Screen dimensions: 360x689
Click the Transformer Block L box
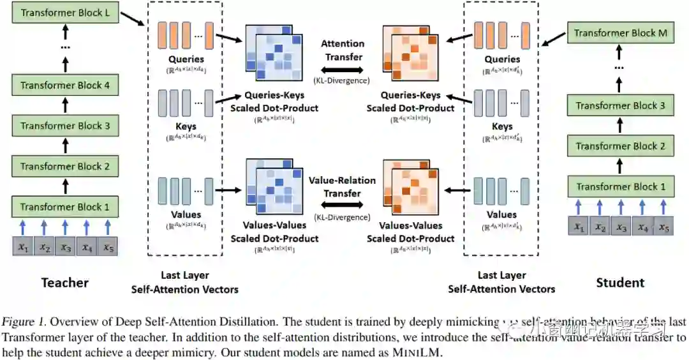[65, 13]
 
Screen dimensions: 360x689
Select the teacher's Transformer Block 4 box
[65, 86]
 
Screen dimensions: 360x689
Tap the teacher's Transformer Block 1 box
[65, 207]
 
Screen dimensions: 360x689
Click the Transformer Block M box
[621, 33]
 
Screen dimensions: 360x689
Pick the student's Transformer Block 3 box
[621, 106]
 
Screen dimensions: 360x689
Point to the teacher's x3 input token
[65, 246]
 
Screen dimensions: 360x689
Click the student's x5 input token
[664, 226]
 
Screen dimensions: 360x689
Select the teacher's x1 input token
[22, 246]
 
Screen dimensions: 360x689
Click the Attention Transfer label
[343, 50]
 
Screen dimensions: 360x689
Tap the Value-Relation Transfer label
[343, 186]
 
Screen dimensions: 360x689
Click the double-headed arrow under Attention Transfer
[343, 68]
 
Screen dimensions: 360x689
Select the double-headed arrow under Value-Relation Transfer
[343, 205]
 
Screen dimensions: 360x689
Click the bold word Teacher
[65, 282]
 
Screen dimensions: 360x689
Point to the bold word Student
[620, 282]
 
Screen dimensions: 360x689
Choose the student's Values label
[501, 214]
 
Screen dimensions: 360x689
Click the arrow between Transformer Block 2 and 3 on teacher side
[65, 146]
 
